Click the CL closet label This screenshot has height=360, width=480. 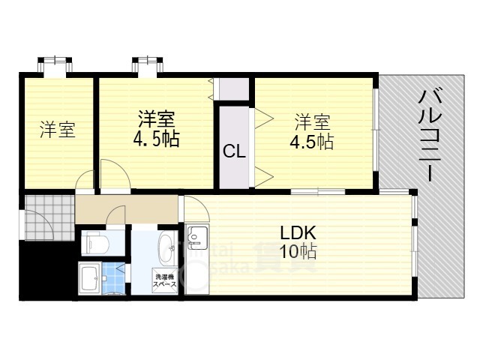pyautogui.click(x=234, y=151)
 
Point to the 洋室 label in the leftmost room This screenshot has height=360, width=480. pyautogui.click(x=57, y=130)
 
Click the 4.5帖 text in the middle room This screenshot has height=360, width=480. pyautogui.click(x=156, y=139)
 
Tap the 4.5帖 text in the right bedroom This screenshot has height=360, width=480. pyautogui.click(x=313, y=141)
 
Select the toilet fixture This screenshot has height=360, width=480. pyautogui.click(x=96, y=243)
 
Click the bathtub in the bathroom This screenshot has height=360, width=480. pyautogui.click(x=91, y=280)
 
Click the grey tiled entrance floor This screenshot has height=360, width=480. pyautogui.click(x=47, y=217)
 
